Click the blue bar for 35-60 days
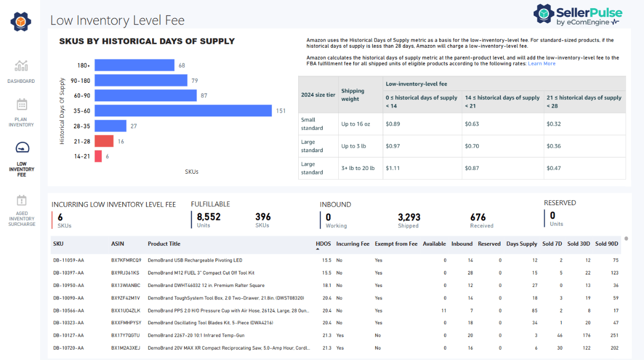(183, 110)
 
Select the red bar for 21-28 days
(104, 141)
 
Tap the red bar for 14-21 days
(98, 156)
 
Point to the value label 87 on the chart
(203, 96)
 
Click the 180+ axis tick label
(83, 66)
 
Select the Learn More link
(541, 64)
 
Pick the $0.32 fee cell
(554, 124)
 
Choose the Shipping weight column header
(352, 95)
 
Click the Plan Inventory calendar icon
(21, 104)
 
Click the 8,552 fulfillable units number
(208, 217)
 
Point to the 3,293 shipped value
(409, 217)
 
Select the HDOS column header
(323, 244)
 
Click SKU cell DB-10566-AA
(68, 311)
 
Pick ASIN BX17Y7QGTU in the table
(126, 336)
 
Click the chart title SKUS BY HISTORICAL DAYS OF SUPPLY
(147, 41)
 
